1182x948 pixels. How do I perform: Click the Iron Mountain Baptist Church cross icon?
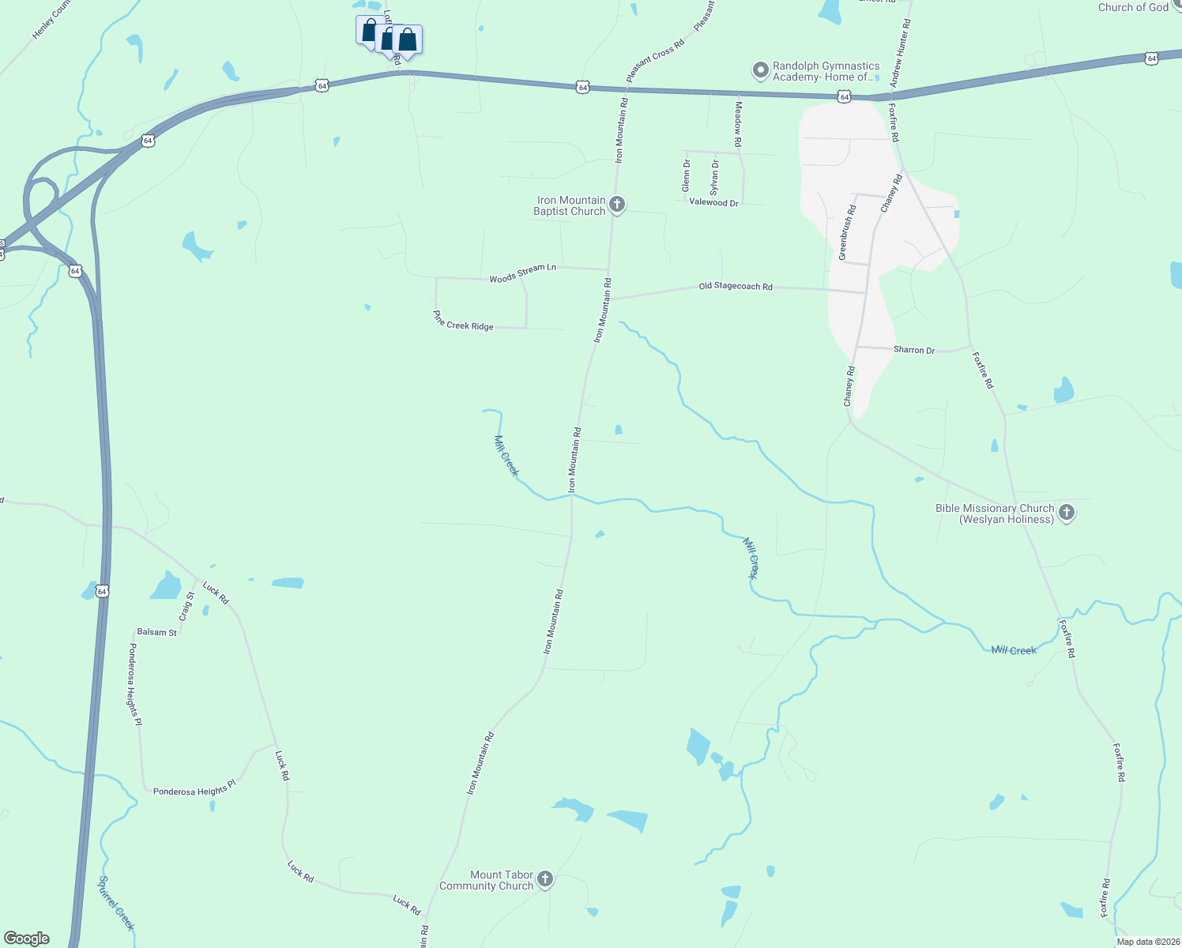[617, 205]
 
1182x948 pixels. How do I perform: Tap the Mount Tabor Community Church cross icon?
[544, 879]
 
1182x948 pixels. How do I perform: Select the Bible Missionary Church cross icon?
[1066, 513]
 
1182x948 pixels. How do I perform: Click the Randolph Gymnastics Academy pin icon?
[760, 71]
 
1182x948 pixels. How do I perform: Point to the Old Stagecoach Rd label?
[736, 286]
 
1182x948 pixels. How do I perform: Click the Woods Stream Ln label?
[522, 273]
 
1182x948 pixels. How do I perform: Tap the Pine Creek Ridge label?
[463, 320]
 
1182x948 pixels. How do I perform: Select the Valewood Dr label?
[713, 203]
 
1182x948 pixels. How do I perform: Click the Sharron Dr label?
[913, 349]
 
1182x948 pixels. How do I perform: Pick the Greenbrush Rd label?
[847, 233]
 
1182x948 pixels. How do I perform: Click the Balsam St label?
[157, 632]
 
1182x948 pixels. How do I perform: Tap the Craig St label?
[186, 606]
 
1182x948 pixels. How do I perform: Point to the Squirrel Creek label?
[117, 903]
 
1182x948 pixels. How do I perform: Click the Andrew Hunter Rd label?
[901, 54]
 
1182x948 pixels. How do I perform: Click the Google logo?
[27, 939]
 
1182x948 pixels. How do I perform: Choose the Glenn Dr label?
[687, 175]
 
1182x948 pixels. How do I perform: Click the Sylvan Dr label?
[714, 178]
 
